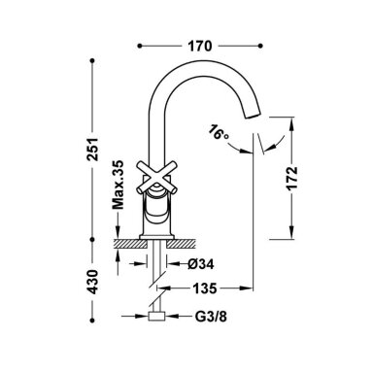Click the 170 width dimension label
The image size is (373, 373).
[200, 46]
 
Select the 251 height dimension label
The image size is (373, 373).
[93, 150]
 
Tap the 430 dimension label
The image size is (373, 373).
[93, 282]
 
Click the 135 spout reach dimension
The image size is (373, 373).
[205, 288]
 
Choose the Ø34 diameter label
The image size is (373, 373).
[201, 264]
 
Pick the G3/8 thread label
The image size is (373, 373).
[211, 317]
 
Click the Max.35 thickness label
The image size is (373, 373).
[118, 185]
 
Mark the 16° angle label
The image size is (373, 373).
[218, 132]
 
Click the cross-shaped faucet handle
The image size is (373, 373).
[157, 178]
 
